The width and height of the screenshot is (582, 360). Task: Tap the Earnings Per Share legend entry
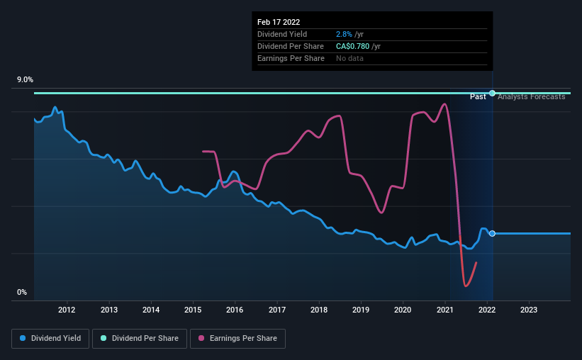click(x=238, y=339)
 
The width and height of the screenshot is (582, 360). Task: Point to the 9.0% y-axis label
click(x=26, y=80)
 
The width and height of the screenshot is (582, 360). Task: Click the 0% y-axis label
click(x=21, y=292)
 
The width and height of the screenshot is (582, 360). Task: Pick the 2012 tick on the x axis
click(x=67, y=310)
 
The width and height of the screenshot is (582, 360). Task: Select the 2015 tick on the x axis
click(x=193, y=310)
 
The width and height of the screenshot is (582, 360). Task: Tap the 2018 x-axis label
click(x=319, y=310)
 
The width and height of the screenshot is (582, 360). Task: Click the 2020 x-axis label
click(x=403, y=310)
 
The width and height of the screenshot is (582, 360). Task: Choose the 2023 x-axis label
click(x=529, y=310)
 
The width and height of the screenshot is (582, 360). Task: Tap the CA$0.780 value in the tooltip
click(x=357, y=46)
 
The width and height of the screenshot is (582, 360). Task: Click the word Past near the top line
click(x=478, y=96)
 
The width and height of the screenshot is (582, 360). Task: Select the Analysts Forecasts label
click(x=532, y=96)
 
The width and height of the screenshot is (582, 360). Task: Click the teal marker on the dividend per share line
click(x=492, y=93)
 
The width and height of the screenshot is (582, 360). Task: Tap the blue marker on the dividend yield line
click(x=492, y=233)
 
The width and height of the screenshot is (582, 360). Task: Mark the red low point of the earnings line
click(x=466, y=286)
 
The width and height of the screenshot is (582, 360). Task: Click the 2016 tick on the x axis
click(x=235, y=310)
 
